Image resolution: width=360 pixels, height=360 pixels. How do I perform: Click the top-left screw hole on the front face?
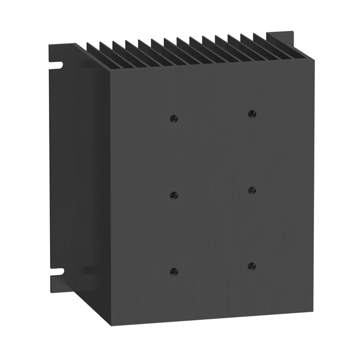click(174, 118)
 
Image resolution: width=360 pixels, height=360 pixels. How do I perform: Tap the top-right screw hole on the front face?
click(251, 114)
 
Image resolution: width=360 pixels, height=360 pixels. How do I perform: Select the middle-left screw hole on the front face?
click(174, 195)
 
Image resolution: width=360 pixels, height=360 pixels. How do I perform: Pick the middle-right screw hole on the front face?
click(251, 190)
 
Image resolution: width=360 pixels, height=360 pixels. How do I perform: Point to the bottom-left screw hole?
click(174, 271)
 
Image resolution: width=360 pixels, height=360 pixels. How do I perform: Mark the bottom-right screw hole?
click(251, 265)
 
